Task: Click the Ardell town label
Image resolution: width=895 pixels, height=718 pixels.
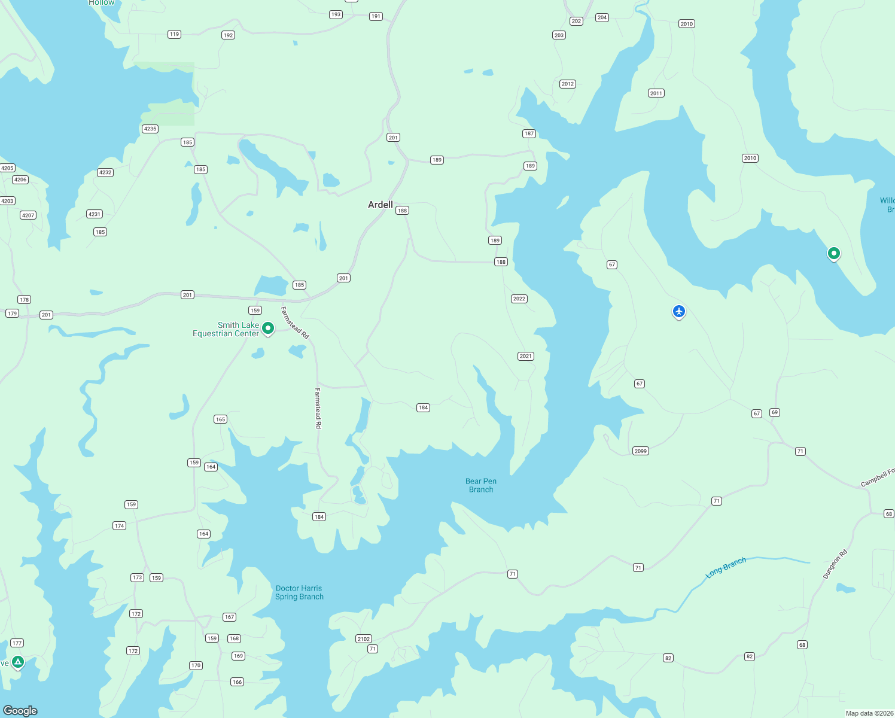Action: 380,205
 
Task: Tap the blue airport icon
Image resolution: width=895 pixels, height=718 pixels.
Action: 678,311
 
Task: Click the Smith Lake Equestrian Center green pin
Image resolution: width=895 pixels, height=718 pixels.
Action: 268,328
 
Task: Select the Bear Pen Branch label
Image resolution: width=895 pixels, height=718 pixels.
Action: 481,485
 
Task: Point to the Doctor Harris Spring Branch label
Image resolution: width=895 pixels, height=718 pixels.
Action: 299,592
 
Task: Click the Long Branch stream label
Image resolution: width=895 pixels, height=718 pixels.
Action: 726,567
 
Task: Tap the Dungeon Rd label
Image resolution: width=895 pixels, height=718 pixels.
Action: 835,564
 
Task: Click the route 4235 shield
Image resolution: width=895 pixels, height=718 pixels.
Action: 150,129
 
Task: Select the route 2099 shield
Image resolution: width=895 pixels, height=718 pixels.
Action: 640,451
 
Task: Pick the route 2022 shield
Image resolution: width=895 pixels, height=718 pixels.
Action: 519,299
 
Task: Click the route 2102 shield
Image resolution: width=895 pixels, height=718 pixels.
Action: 364,638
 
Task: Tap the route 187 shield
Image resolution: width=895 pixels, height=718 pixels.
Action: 529,133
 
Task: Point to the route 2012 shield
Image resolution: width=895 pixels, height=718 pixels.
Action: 568,84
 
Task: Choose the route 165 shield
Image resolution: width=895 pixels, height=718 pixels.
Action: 220,419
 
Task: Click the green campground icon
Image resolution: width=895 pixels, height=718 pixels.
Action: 18,662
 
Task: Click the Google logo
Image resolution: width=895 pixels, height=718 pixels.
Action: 20,710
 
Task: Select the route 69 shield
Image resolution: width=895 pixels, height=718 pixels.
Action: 775,412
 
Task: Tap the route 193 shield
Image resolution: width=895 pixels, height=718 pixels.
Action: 336,14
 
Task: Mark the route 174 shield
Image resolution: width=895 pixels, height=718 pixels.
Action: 120,525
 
